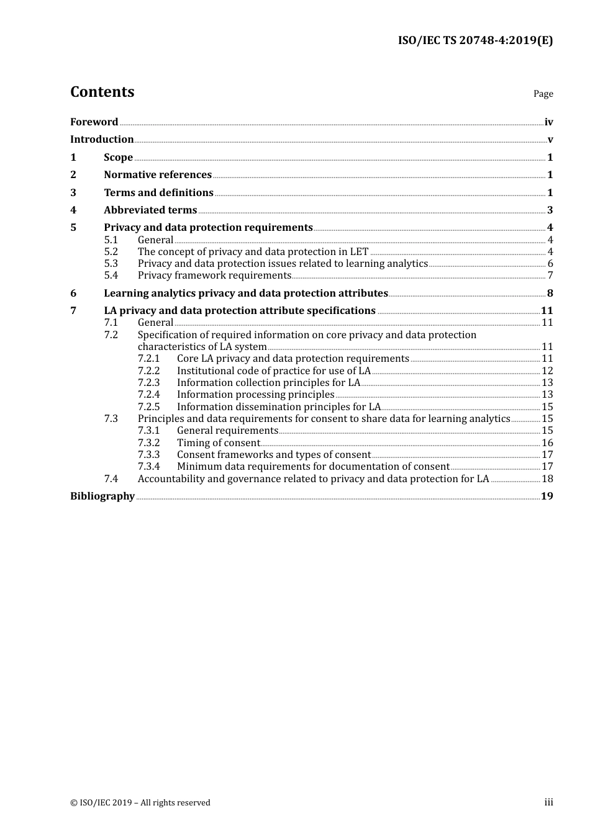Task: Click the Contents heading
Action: point(102,92)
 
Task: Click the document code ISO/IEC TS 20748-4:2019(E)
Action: point(475,40)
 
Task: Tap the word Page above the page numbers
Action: point(543,94)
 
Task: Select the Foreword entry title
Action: point(94,122)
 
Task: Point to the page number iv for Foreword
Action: point(548,122)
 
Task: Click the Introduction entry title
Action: point(102,140)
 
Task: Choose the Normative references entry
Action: point(158,175)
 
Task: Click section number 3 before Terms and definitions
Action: point(73,193)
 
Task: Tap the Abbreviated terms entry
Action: point(150,210)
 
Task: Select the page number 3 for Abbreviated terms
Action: point(550,210)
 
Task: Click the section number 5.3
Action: point(111,264)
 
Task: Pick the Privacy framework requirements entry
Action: point(214,276)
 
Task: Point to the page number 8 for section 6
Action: point(550,294)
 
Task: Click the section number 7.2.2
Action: point(148,371)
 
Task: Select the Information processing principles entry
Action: point(255,395)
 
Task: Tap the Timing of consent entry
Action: point(218,443)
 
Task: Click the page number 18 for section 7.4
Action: point(547,479)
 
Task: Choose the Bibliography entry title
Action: point(102,496)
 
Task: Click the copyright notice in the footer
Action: point(140,803)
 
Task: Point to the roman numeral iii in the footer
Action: point(548,802)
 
